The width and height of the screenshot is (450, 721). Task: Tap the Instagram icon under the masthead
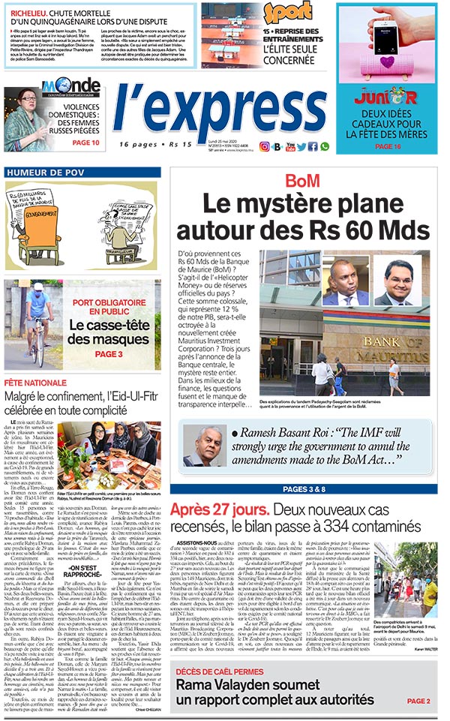click(264, 146)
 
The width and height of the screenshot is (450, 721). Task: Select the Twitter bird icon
click(301, 146)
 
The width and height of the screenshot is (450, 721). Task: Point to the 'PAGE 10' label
click(85, 143)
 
